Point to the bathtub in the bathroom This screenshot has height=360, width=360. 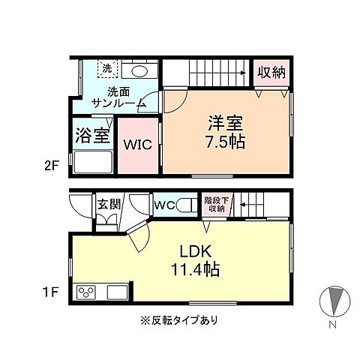(x=91, y=161)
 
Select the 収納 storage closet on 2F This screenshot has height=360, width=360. (x=271, y=72)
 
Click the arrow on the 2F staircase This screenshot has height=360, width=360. (x=242, y=73)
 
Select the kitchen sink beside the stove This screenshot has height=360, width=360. (x=118, y=291)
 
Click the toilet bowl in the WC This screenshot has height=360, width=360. (x=184, y=204)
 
